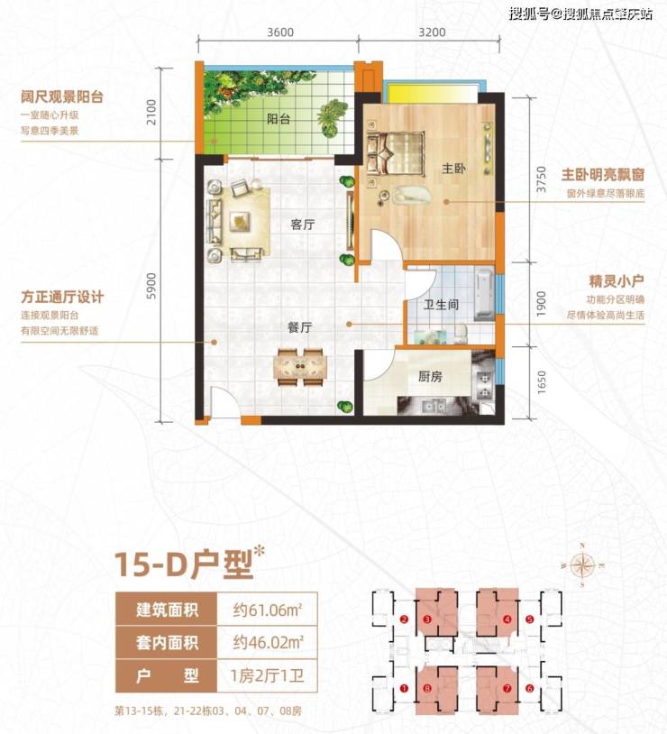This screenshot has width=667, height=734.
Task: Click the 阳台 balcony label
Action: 279,119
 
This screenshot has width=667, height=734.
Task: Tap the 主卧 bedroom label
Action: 453,168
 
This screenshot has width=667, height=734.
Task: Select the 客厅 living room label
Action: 302,225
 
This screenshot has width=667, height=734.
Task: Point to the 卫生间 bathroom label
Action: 441,305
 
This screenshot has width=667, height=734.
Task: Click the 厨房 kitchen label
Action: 430,376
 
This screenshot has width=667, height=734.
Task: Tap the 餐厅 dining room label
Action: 299,327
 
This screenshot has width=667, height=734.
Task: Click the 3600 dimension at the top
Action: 280,32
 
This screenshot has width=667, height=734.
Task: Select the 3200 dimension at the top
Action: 432,32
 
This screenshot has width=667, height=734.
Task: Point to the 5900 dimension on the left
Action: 151,286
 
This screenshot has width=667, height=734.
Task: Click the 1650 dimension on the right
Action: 541,382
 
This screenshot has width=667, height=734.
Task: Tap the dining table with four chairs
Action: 300,366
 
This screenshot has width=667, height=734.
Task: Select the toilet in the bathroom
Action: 460,334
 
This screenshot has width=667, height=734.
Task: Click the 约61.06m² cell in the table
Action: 268,610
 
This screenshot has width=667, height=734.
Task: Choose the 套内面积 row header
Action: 167,643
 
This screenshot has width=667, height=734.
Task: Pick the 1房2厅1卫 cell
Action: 267,676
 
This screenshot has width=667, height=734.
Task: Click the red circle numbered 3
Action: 427,619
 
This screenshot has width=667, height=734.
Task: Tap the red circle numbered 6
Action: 529,689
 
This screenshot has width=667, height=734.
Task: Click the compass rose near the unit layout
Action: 582,565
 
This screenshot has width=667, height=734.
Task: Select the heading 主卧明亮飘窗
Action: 603,175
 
